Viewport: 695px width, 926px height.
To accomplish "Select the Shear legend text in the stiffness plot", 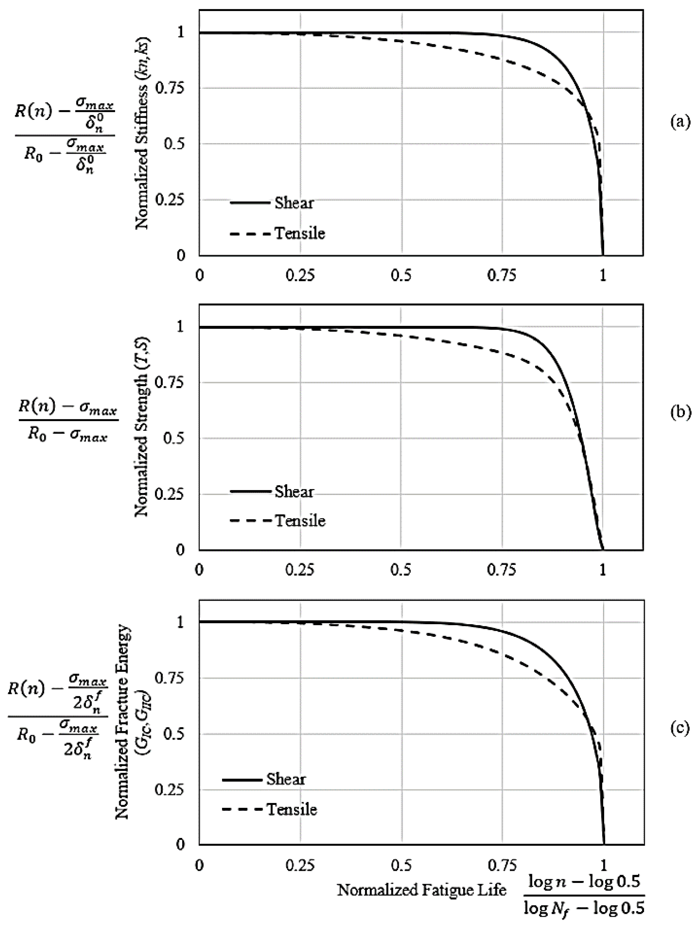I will (x=294, y=203).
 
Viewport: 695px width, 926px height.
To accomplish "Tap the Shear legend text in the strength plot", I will (x=294, y=491).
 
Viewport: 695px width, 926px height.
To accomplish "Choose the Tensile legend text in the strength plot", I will (x=300, y=521).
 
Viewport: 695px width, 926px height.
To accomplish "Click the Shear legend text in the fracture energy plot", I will (x=286, y=780).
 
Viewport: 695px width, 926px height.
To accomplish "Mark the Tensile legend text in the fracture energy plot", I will (x=292, y=809).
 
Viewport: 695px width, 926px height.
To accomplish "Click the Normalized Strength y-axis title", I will (x=143, y=427).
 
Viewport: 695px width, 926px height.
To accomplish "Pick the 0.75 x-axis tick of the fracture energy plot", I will (x=502, y=865).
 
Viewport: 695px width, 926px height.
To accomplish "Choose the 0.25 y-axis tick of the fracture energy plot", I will (x=170, y=790).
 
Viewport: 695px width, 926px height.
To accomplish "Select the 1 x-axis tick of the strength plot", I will (x=602, y=571).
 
